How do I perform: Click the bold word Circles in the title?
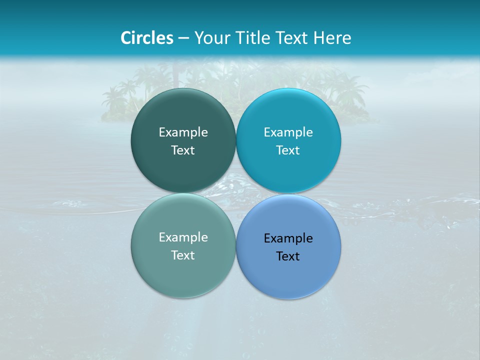coord(147,38)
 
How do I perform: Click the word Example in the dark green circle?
coord(183,132)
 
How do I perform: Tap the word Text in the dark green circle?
coord(183,150)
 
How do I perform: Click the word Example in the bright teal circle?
coord(288,132)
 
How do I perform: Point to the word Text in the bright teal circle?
coord(288,150)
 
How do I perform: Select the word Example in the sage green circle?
coord(183,237)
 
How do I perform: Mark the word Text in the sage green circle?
coord(183,255)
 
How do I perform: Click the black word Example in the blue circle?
coord(288,238)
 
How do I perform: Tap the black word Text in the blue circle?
coord(288,256)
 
